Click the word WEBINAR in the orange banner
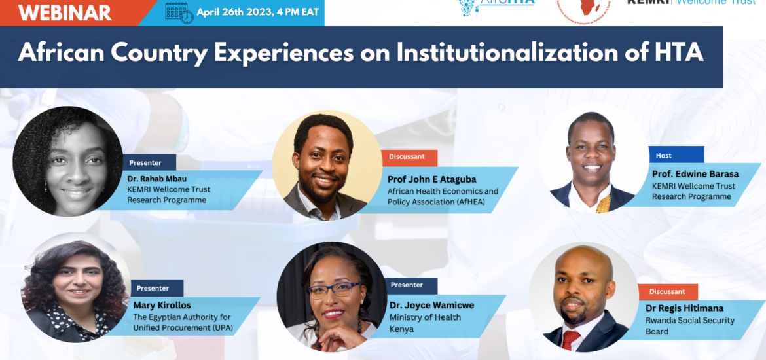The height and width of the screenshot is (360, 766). click(x=65, y=12)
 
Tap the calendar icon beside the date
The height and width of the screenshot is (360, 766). click(x=179, y=12)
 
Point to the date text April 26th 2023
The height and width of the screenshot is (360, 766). click(x=228, y=12)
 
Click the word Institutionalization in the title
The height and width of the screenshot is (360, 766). click(x=498, y=53)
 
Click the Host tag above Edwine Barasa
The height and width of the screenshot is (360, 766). click(x=664, y=156)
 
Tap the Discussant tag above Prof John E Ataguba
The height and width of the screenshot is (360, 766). click(x=407, y=157)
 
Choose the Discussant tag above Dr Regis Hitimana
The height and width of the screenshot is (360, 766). click(x=667, y=292)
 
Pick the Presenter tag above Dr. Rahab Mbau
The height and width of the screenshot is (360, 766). click(x=145, y=163)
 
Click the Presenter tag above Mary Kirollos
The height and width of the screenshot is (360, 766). click(x=153, y=289)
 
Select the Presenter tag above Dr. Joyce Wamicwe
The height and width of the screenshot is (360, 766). click(x=407, y=285)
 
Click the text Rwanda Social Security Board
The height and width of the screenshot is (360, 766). click(x=690, y=326)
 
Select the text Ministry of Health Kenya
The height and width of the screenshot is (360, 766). click(x=425, y=323)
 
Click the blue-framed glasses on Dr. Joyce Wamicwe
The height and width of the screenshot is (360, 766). click(x=334, y=290)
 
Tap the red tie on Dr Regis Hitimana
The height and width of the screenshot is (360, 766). click(x=570, y=338)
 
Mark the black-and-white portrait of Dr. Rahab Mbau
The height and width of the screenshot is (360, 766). click(x=67, y=162)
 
